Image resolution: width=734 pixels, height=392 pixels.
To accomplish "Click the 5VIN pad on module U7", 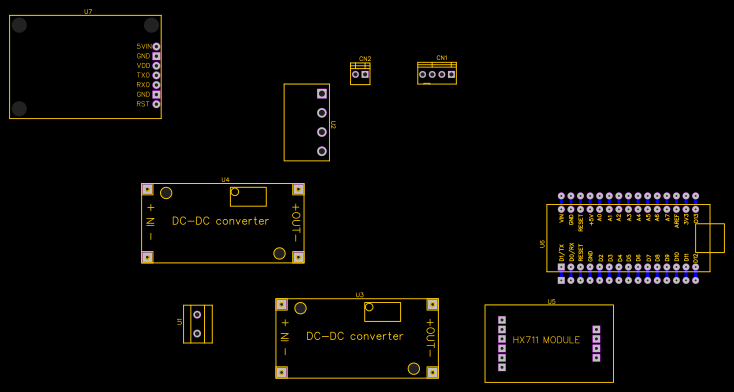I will coord(156,46).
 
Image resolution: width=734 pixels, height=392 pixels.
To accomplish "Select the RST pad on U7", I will coord(156,104).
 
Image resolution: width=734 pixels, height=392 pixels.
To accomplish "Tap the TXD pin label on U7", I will coord(143,75).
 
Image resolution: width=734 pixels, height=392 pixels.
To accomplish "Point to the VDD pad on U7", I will coord(156,65).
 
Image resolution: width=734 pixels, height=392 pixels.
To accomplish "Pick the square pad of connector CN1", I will coord(452,74).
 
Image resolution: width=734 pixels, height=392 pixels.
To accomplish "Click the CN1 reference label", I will coord(442,58).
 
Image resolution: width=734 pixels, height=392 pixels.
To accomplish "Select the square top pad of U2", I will coord(321,94).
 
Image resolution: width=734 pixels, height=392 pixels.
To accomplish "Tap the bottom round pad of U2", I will coord(321,151).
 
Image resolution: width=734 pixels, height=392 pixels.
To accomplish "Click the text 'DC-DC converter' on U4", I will coord(220,221).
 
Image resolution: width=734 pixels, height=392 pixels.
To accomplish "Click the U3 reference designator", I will coord(359,295).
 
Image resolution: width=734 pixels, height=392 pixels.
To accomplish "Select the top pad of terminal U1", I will coord(197,314).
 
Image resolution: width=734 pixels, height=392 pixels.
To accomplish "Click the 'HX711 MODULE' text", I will coord(546,340).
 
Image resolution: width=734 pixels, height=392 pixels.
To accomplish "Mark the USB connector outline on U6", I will coord(710,238).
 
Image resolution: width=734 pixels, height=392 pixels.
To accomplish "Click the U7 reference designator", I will coord(88,11).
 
